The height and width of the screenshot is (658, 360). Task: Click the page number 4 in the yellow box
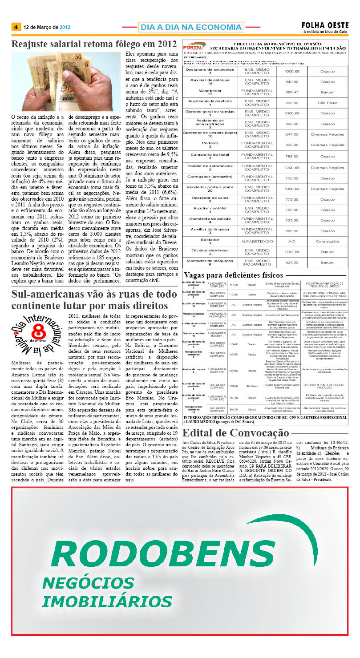(x=16, y=27)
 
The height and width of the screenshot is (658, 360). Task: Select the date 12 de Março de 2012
(x=47, y=27)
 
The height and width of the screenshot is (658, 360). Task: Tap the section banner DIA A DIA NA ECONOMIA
(x=191, y=27)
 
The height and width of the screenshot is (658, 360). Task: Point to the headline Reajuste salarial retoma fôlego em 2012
(x=94, y=44)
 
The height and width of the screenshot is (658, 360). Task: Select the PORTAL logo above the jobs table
(x=194, y=46)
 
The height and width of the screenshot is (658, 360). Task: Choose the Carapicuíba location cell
(x=328, y=241)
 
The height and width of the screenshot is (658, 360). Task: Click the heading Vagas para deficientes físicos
(x=233, y=275)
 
